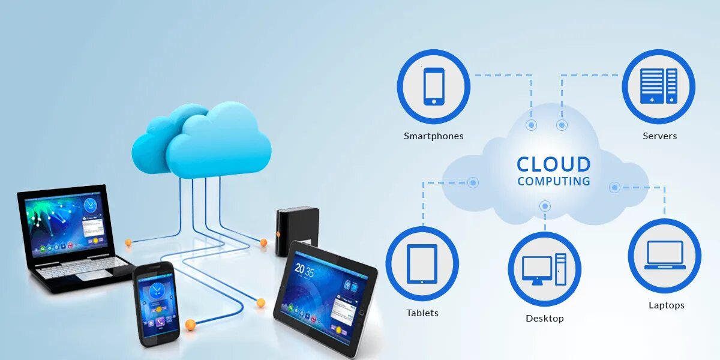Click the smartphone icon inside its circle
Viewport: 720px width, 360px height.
pyautogui.click(x=434, y=86)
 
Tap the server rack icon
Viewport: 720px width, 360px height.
pyautogui.click(x=658, y=86)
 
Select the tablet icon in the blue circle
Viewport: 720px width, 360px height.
pyautogui.click(x=422, y=263)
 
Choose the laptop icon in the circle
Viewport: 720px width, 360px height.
pyautogui.click(x=664, y=255)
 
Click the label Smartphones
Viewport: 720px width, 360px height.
pyautogui.click(x=434, y=136)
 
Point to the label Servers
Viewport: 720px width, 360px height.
pyautogui.click(x=659, y=136)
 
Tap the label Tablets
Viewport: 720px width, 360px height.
pyautogui.click(x=422, y=313)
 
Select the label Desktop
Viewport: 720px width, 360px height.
pyautogui.click(x=545, y=319)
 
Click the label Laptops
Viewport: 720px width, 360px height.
pyautogui.click(x=666, y=305)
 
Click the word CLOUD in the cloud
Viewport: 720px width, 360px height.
pyautogui.click(x=554, y=164)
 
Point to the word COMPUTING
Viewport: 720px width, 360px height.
pyautogui.click(x=554, y=181)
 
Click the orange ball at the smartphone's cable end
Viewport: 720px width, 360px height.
pyautogui.click(x=190, y=325)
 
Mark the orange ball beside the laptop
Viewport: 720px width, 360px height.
pyautogui.click(x=128, y=242)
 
